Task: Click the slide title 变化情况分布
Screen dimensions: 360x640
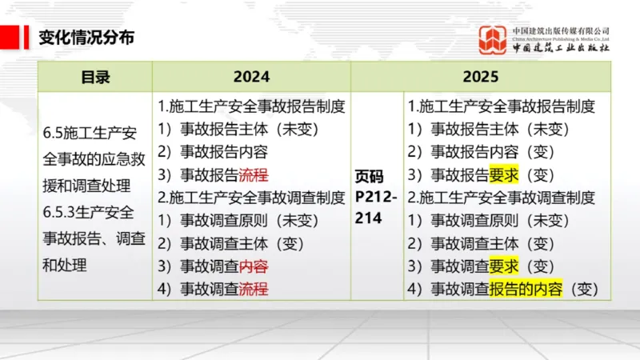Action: (x=86, y=37)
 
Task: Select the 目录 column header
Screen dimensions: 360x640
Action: (x=95, y=78)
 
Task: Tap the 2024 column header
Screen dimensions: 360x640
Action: (x=251, y=78)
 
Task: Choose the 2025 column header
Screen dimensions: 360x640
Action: (x=480, y=78)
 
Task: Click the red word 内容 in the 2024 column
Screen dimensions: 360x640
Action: (x=254, y=266)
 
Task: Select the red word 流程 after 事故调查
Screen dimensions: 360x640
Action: (x=254, y=289)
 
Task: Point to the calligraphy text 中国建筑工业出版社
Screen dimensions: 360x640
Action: (x=562, y=48)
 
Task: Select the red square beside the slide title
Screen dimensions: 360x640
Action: (x=10, y=37)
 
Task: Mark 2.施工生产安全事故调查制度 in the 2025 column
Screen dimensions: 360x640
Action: (x=502, y=198)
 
